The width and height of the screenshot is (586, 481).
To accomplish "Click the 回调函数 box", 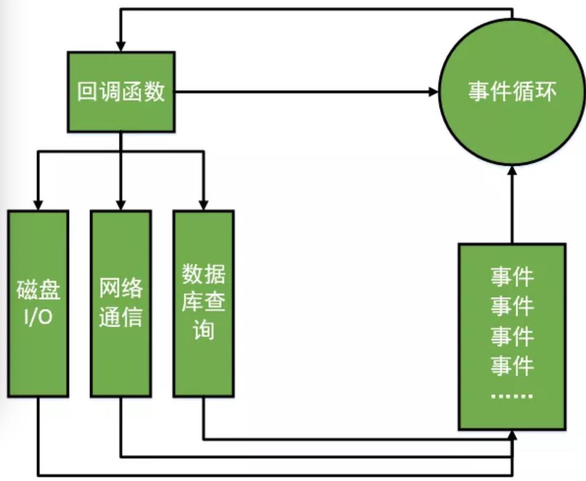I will click(x=121, y=92).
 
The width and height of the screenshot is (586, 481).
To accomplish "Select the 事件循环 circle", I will click(x=512, y=92).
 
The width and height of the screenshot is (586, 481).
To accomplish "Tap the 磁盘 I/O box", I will click(x=38, y=304).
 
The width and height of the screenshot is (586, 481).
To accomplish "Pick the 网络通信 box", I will click(x=121, y=304).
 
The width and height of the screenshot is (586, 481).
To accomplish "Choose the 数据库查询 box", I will click(x=204, y=304).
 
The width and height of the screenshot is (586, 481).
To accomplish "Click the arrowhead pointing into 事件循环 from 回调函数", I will click(x=433, y=92).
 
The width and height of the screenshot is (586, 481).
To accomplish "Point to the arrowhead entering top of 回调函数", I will click(x=121, y=47).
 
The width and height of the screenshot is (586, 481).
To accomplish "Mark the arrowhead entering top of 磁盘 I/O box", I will click(x=38, y=205).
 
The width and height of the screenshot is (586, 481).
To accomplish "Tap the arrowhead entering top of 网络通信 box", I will click(x=121, y=205).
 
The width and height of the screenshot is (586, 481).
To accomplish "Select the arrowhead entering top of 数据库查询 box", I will click(x=204, y=205).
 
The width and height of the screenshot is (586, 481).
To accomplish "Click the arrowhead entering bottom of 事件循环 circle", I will click(x=512, y=170).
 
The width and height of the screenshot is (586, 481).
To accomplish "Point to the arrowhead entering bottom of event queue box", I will click(x=512, y=434).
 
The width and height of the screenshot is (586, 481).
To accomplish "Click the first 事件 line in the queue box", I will click(x=512, y=277).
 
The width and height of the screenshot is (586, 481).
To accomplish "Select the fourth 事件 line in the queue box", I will click(x=512, y=365).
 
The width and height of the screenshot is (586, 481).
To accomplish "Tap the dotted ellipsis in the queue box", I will click(x=512, y=396).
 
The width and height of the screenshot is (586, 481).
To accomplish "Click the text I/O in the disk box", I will click(x=38, y=318).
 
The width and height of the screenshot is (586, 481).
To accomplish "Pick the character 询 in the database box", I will click(x=204, y=331).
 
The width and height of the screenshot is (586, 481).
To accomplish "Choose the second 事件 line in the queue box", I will click(x=512, y=306).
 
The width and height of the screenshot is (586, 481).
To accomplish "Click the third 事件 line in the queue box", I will click(x=512, y=336).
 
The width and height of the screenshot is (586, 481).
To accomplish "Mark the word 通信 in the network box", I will click(x=121, y=318).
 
